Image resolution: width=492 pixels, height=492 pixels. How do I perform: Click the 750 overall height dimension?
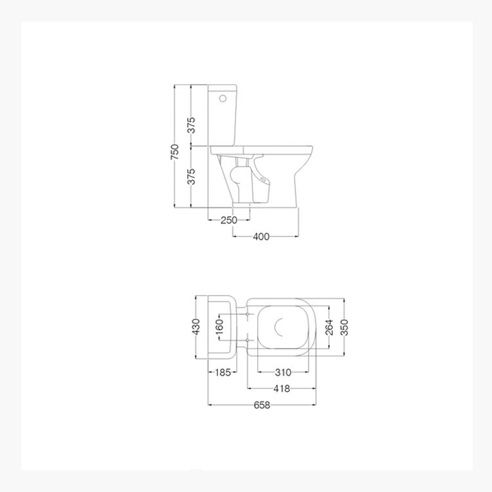coord(175,152)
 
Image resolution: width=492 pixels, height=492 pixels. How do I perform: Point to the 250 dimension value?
coord(229,220)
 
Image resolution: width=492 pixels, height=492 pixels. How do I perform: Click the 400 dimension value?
coord(261,237)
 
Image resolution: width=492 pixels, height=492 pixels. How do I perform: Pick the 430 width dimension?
coord(196,327)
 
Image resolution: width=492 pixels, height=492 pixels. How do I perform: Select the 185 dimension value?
coord(223,372)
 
